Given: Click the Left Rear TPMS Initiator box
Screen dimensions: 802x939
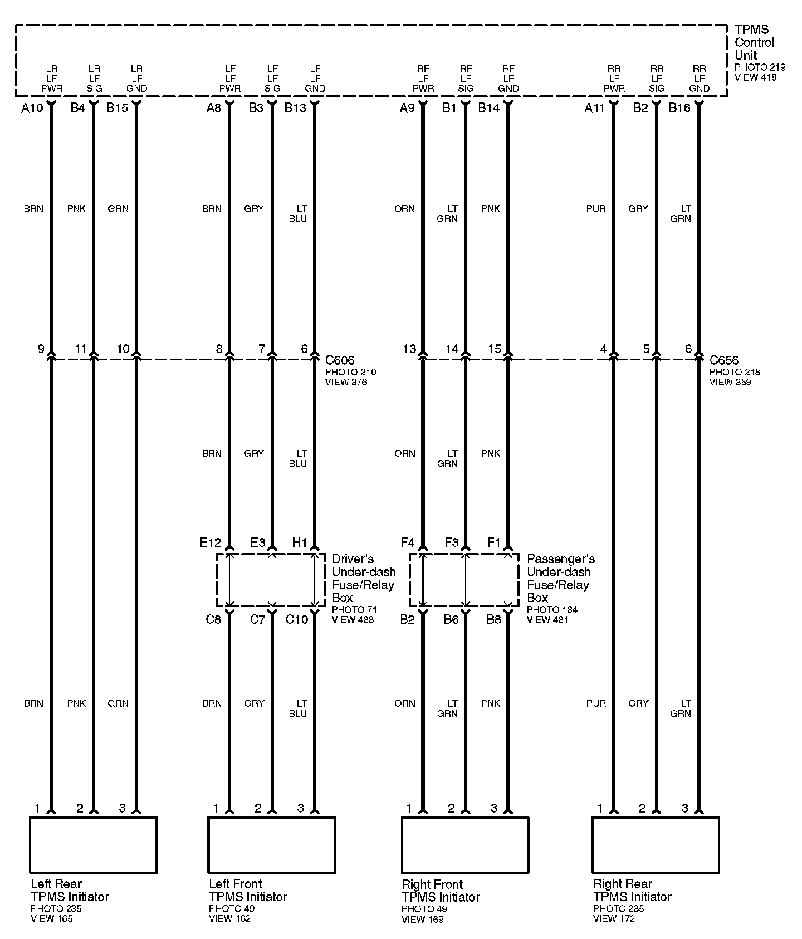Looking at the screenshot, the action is pos(93,844).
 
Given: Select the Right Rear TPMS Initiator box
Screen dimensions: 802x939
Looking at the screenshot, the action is pos(656,844).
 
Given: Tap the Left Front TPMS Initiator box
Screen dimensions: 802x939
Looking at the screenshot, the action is pos(271,844).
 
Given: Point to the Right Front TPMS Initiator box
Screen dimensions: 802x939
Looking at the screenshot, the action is pos(464,844).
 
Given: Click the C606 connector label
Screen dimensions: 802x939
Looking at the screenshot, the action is pos(340,360).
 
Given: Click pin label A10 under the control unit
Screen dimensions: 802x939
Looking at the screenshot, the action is pos(32,108).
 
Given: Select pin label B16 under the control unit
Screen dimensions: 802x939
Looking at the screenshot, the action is pos(679,108).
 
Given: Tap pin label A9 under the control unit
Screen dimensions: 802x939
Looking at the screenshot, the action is pos(407,108).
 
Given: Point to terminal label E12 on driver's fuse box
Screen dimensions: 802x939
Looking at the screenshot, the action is pos(211,542).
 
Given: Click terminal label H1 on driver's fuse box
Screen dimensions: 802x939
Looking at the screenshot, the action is pos(300,542).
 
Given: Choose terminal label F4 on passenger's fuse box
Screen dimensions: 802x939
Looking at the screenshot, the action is pos(407,542).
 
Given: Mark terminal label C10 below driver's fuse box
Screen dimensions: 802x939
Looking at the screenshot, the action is pos(296,619).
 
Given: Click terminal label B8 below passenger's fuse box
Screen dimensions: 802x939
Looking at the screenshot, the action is pos(493,619).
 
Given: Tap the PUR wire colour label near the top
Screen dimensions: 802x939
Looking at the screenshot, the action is pos(596,209).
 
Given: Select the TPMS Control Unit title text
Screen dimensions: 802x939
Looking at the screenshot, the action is pos(754,42).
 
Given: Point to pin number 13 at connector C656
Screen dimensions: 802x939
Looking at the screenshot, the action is pos(409,349).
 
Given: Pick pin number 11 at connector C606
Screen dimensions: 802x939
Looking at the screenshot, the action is pos(81,349).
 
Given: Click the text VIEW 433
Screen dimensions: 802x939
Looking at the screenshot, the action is pos(353,619).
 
